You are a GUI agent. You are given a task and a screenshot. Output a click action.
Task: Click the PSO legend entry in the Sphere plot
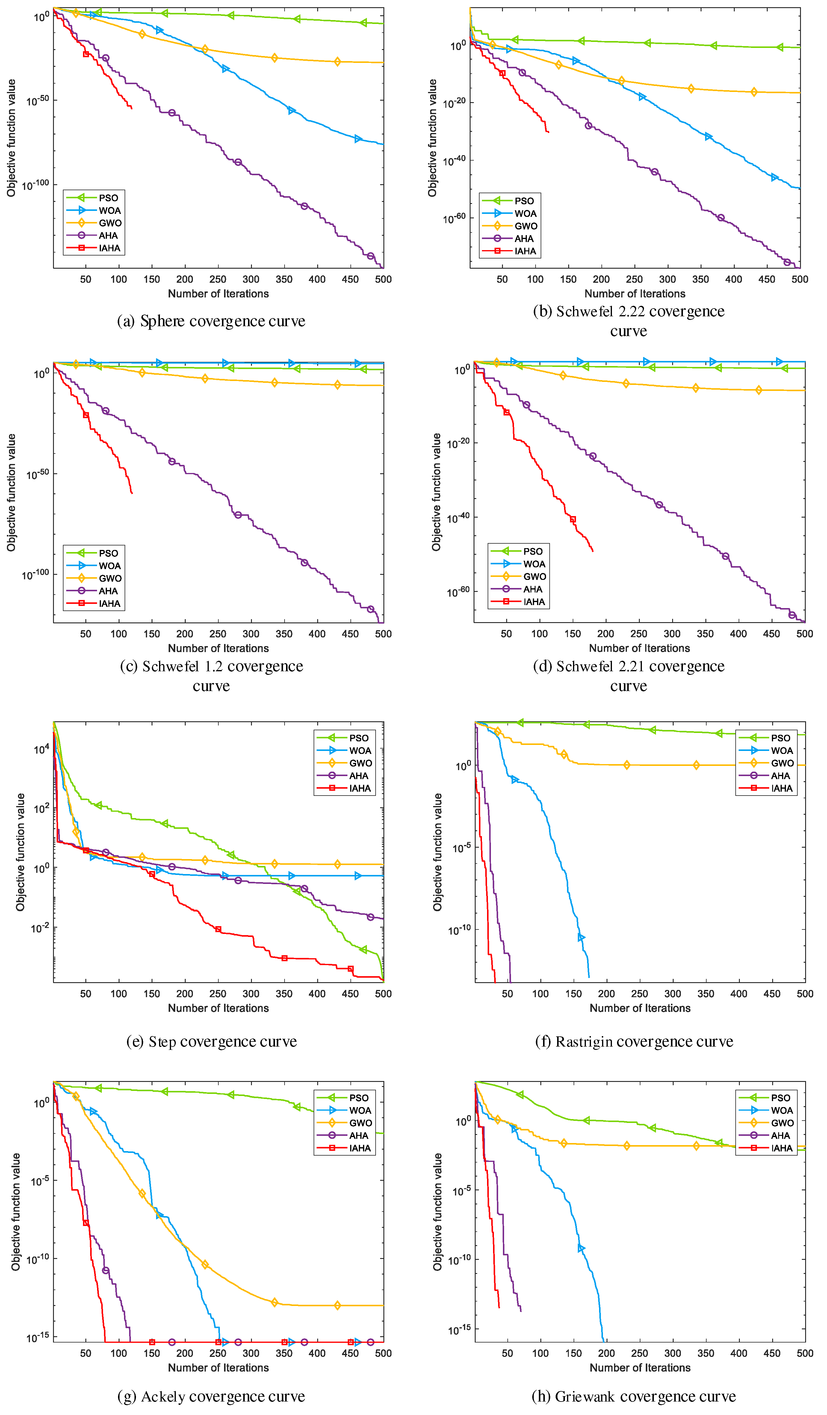coord(108,198)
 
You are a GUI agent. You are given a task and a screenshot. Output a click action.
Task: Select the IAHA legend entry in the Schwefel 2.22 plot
coord(525,251)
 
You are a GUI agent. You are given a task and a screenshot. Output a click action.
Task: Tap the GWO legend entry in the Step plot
coord(360,763)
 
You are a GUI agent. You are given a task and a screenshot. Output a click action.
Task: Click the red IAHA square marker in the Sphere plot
coord(86,54)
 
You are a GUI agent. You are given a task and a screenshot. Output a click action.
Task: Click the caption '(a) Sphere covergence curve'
coord(211,321)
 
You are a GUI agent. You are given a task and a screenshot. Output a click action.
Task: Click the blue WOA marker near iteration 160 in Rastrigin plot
coord(581,938)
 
